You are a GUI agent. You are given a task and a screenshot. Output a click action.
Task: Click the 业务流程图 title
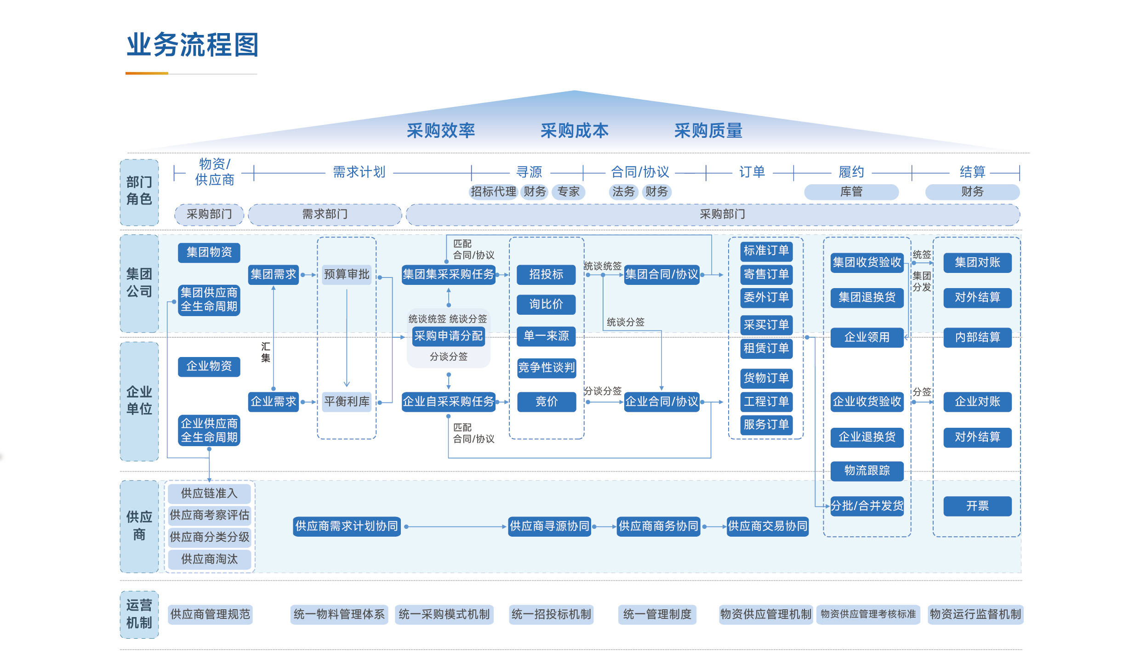[193, 45]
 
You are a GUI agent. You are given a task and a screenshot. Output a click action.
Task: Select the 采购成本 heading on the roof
[574, 131]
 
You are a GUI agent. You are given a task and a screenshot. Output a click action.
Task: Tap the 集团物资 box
[209, 252]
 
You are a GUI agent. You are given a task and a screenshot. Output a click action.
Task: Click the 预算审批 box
[347, 275]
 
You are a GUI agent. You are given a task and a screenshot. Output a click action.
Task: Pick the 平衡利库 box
[347, 402]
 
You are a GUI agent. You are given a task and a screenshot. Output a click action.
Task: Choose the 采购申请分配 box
[448, 336]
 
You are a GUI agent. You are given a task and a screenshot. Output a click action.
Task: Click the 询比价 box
[546, 304]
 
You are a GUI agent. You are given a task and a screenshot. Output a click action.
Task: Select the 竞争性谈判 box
[546, 368]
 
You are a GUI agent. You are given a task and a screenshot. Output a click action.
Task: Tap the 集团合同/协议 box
[661, 275]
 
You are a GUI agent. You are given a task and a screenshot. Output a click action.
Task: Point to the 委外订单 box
[766, 297]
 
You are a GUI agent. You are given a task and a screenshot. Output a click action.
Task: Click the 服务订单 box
[766, 425]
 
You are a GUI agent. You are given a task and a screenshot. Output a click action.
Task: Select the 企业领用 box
[866, 337]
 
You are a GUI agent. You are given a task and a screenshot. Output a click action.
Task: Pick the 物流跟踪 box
[866, 471]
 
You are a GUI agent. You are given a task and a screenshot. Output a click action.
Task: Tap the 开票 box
[977, 506]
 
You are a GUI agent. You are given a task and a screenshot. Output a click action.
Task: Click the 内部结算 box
[977, 337]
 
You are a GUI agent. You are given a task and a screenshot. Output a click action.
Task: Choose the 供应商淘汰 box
[209, 559]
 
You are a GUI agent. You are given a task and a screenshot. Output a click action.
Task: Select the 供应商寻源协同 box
[549, 526]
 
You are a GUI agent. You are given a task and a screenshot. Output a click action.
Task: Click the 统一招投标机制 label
[551, 614]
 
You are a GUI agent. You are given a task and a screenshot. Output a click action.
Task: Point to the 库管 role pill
[851, 192]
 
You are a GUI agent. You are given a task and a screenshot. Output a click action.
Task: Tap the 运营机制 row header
[139, 614]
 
